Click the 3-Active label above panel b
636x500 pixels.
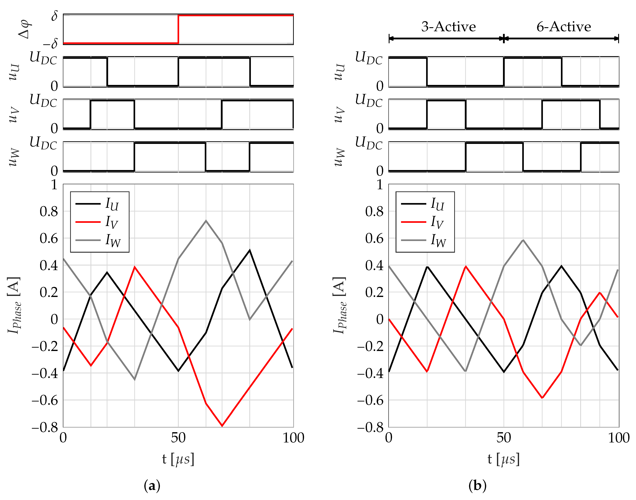(x=448, y=27)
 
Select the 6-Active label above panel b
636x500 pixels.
(x=563, y=27)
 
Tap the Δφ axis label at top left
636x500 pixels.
(x=24, y=29)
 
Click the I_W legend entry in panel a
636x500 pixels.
(x=113, y=241)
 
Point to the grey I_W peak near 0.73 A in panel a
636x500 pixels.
(x=206, y=221)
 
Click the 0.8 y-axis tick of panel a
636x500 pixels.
(x=49, y=211)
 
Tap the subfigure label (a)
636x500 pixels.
(x=152, y=486)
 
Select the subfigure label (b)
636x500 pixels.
(x=478, y=486)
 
